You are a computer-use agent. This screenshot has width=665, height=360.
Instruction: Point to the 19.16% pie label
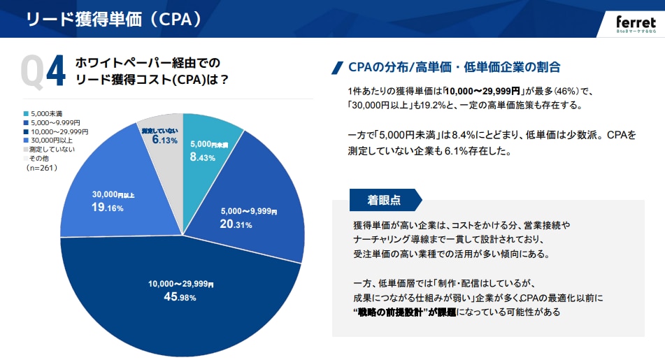[108, 207]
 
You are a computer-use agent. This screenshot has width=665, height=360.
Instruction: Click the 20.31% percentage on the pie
[236, 224]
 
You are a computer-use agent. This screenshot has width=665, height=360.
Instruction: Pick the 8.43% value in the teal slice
[203, 157]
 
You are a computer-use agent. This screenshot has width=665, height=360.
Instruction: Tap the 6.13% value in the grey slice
[164, 140]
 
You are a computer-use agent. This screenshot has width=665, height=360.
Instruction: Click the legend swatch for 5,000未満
[25, 114]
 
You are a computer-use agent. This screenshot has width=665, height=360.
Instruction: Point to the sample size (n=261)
[41, 168]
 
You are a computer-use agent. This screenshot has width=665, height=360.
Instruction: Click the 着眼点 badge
[384, 200]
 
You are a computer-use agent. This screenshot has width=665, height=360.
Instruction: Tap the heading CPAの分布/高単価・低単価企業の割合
[454, 67]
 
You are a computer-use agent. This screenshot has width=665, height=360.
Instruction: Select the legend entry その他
[39, 159]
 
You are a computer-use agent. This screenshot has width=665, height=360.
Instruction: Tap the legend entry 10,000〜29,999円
[59, 131]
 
